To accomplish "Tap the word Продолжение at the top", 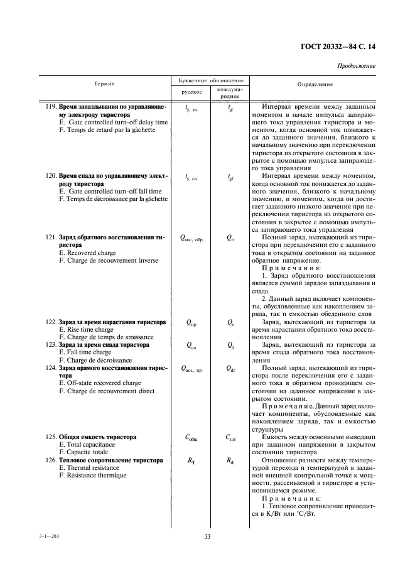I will [x=357, y=66].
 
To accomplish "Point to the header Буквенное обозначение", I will [x=207, y=80].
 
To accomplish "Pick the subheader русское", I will [x=191, y=92].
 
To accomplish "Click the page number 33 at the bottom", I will [x=207, y=536].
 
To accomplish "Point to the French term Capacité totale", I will [x=84, y=451].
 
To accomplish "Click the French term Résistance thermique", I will [x=92, y=476].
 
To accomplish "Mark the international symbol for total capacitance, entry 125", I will [x=230, y=436].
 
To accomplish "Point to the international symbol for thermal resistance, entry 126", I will [x=230, y=460].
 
